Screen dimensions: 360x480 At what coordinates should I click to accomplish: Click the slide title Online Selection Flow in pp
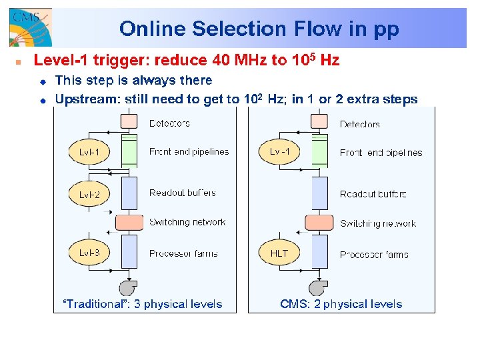(x=259, y=29)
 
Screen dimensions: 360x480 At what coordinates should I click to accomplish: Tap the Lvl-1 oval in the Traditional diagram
(x=89, y=153)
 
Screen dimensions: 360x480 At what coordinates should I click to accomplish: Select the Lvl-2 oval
(x=89, y=195)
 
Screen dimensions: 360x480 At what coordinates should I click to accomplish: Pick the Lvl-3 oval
(x=89, y=253)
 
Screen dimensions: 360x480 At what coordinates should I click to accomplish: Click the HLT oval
(x=279, y=253)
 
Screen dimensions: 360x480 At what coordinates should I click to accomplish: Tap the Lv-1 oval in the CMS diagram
(x=279, y=153)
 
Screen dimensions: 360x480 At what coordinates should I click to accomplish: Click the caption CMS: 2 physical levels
(x=341, y=304)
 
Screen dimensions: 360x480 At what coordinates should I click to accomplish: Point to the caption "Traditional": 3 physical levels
(x=142, y=304)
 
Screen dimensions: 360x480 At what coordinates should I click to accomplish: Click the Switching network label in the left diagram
(x=187, y=222)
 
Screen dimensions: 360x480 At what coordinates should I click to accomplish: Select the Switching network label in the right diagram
(x=377, y=223)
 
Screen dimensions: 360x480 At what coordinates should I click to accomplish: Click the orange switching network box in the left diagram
(x=129, y=222)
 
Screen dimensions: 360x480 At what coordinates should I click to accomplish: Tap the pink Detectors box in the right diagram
(x=319, y=121)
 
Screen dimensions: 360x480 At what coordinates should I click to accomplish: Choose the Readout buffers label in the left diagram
(x=183, y=193)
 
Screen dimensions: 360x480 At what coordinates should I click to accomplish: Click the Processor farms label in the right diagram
(x=374, y=254)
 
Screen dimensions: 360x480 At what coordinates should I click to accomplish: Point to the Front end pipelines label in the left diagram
(x=189, y=151)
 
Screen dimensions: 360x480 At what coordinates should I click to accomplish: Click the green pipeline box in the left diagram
(x=129, y=151)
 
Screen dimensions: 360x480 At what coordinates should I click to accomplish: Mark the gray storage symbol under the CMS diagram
(x=318, y=287)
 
